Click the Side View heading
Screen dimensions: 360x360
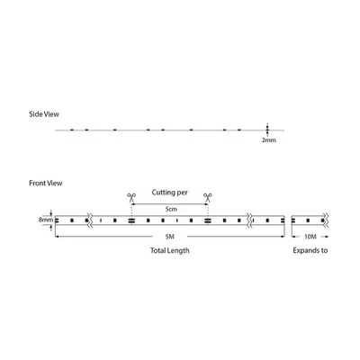point(44,114)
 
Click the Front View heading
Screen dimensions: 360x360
point(46,183)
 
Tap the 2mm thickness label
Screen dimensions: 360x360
point(269,139)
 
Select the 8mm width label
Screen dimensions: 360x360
point(46,220)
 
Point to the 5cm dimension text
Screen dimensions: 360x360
point(171,209)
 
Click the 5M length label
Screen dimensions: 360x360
point(170,237)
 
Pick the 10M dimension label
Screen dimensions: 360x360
point(310,237)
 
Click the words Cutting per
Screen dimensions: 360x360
point(169,193)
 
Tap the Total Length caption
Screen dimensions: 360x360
point(170,250)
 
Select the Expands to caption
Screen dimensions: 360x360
point(310,250)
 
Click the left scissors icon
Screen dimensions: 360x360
point(131,197)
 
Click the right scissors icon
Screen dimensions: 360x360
point(208,197)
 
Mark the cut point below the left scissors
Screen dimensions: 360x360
point(131,220)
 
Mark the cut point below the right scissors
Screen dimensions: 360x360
point(207,220)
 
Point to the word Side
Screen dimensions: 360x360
point(36,114)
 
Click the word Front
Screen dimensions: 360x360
point(37,183)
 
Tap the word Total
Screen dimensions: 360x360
point(157,250)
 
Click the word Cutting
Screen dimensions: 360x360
point(163,193)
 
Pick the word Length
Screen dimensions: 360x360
point(178,250)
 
